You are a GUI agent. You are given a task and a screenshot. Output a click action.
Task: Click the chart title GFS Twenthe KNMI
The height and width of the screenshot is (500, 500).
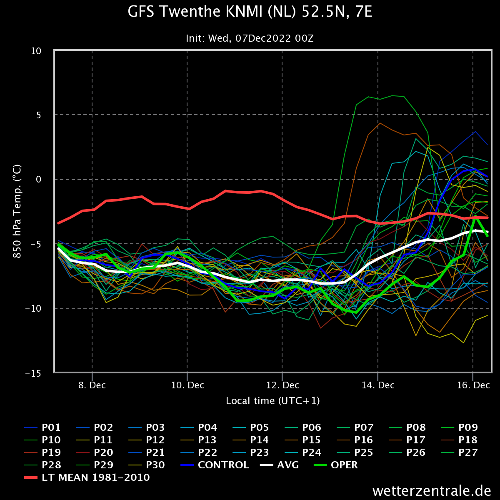point(250,12)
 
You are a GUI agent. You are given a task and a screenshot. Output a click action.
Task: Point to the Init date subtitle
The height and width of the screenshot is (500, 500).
point(250,38)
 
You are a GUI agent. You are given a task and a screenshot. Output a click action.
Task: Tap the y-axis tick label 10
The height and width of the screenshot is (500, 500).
point(36,51)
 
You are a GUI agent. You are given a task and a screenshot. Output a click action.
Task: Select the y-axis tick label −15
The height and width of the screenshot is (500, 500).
point(33,373)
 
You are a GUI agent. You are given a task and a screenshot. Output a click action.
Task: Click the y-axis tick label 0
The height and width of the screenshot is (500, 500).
point(39,179)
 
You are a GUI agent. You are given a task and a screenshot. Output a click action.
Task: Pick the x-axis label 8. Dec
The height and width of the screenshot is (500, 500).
point(92,385)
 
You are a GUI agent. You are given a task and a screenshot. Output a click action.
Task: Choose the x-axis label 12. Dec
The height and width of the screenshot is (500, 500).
point(282,385)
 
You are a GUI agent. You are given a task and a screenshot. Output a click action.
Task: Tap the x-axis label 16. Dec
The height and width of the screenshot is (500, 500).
point(473,385)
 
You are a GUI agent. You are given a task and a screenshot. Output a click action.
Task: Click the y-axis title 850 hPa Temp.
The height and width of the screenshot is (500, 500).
point(17,212)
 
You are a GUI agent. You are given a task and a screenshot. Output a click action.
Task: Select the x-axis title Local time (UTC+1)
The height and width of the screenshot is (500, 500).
point(272,401)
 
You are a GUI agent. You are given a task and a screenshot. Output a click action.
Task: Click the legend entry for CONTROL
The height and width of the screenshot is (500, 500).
point(215,465)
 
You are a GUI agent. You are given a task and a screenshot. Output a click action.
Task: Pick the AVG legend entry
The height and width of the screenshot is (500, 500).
point(280,465)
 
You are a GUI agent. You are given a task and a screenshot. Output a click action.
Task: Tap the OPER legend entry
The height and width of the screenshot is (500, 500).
point(336,465)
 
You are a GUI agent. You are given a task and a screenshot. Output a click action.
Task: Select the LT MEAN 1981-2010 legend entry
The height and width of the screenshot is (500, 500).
point(87,477)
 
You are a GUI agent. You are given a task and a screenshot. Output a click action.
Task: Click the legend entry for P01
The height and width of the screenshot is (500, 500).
point(42,427)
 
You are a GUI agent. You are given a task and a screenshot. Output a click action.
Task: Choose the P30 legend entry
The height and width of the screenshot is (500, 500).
point(147,465)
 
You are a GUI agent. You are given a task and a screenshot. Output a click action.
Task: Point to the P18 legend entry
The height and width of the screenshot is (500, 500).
point(459,440)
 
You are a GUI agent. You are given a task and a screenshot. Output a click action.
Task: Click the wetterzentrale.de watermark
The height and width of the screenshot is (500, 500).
point(432,491)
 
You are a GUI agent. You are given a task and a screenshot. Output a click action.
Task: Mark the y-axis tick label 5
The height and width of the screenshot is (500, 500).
point(39,115)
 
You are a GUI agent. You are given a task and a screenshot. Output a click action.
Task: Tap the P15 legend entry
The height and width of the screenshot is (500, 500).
point(303,440)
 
